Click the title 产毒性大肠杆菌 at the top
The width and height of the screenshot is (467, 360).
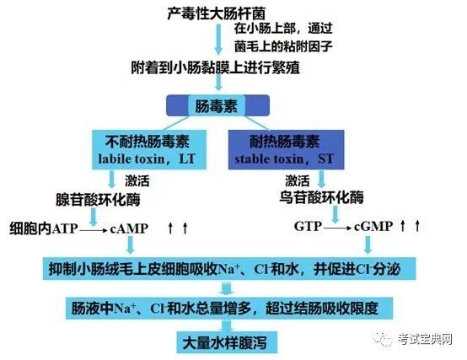(x=216, y=13)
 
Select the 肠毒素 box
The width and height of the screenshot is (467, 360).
(x=217, y=105)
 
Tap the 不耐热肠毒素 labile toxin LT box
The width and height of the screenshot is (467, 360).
(x=149, y=149)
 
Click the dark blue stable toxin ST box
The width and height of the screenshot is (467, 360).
(x=286, y=149)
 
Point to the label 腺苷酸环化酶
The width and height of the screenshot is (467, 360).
(x=98, y=199)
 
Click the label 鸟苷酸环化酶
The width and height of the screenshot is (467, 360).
(x=321, y=196)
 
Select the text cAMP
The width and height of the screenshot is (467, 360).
(x=129, y=228)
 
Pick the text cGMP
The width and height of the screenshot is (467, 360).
(x=373, y=227)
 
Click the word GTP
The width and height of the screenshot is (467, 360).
(x=308, y=226)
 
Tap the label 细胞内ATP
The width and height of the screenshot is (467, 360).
(x=44, y=228)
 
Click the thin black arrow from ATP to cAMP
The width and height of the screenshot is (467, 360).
(x=94, y=230)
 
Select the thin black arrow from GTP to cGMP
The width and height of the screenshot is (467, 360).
(x=338, y=228)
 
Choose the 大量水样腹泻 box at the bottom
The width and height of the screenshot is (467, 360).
(x=227, y=342)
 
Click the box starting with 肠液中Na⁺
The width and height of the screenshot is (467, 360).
(x=229, y=308)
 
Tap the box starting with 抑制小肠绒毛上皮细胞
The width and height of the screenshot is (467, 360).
(x=229, y=269)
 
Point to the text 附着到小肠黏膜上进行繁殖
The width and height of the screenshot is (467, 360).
(x=215, y=67)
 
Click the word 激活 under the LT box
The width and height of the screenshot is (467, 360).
(x=137, y=180)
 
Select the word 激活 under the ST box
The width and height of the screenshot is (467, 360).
(x=298, y=180)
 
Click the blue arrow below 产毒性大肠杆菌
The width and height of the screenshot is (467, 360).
(x=218, y=40)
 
